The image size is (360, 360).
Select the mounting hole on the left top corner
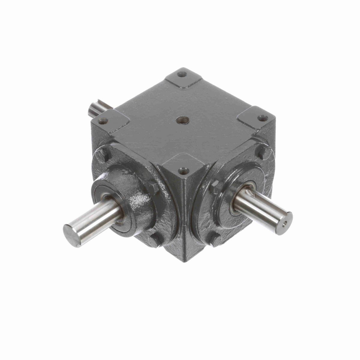[103, 121]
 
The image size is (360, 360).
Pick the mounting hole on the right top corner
[263, 118]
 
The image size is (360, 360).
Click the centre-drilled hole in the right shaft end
[285, 223]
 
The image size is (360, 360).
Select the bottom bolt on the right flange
[215, 239]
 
